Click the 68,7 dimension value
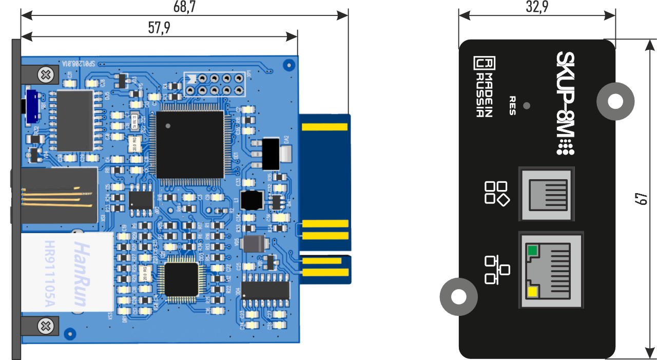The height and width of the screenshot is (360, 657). pos(185,7)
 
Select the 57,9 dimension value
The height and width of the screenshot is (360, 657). pos(159,28)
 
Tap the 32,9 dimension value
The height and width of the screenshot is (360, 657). pos(537,7)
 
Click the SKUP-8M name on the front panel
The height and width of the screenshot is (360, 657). pos(565,102)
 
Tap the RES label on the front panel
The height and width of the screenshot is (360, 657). pos(512,105)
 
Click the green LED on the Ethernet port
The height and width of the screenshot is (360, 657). pos(532,251)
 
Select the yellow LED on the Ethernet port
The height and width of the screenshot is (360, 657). pos(532,293)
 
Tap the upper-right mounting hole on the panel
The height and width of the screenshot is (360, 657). pos(615,101)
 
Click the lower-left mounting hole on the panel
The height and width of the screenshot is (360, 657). pos(458,296)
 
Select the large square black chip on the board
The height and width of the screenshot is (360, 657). pos(190,144)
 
